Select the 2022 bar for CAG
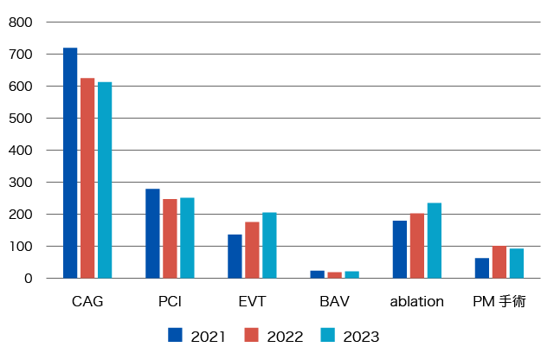point(87,178)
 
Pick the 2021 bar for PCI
point(152,234)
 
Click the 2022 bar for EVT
point(252,250)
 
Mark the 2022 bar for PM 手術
point(499,262)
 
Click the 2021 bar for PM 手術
point(482,268)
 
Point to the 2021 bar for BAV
point(317,274)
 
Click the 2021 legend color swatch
point(175,335)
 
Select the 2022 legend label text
point(285,337)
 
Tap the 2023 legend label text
point(361,337)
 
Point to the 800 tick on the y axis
point(21,22)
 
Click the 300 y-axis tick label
point(21,183)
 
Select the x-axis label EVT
point(252,302)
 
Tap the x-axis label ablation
point(416,302)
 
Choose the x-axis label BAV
point(334,302)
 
